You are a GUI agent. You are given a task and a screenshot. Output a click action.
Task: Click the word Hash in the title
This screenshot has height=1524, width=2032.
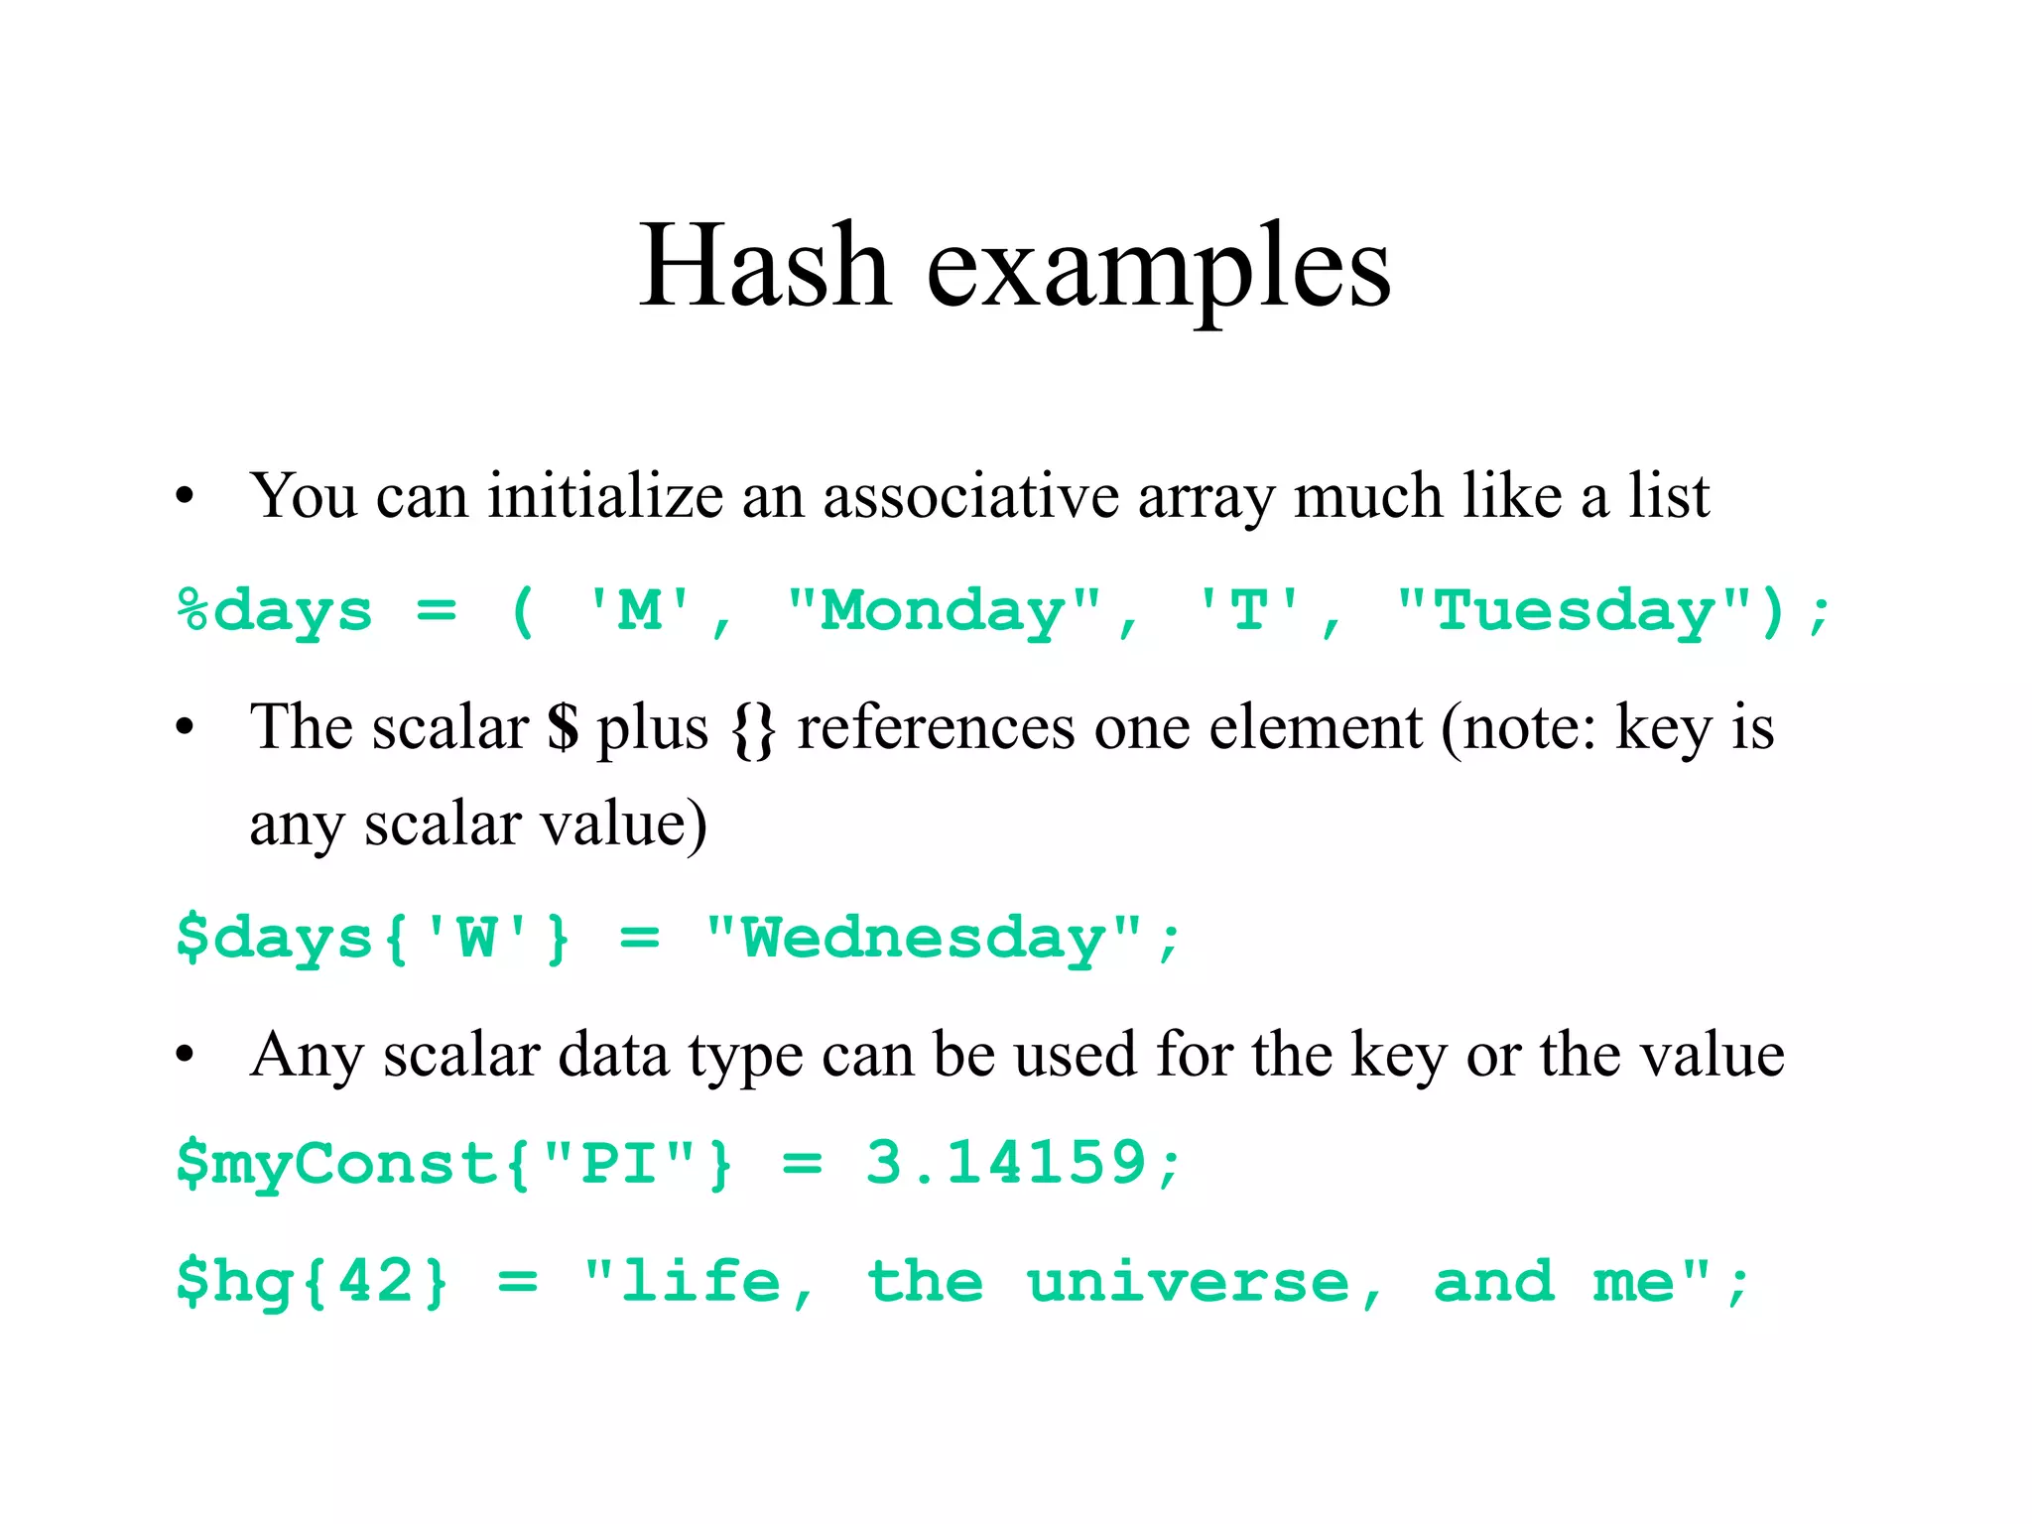pyautogui.click(x=764, y=266)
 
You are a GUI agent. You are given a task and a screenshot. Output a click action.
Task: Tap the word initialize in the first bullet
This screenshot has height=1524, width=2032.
pyautogui.click(x=605, y=495)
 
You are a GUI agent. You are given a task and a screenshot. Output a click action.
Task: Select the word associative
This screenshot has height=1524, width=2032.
pyautogui.click(x=970, y=495)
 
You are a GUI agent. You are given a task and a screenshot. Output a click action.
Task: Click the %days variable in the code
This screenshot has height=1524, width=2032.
pyautogui.click(x=275, y=610)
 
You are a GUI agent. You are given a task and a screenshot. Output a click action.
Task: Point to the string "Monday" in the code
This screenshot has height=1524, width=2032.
pyautogui.click(x=944, y=610)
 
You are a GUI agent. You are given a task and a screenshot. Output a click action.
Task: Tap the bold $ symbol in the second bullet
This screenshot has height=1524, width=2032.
pyautogui.click(x=563, y=727)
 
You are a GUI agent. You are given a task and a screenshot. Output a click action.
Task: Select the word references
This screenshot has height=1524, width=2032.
pyautogui.click(x=936, y=727)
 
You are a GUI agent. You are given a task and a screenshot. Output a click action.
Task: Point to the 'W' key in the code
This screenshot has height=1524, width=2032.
pyautogui.click(x=477, y=938)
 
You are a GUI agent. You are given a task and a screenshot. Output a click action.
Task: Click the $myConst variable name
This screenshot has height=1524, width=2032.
pyautogui.click(x=337, y=1164)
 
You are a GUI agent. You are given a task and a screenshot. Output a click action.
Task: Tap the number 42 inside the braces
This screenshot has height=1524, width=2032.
pyautogui.click(x=376, y=1281)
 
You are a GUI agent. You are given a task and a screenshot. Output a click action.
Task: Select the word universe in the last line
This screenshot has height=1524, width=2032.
pyautogui.click(x=1188, y=1283)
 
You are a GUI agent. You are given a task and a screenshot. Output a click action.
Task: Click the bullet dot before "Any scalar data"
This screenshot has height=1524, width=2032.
pyautogui.click(x=185, y=1056)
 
